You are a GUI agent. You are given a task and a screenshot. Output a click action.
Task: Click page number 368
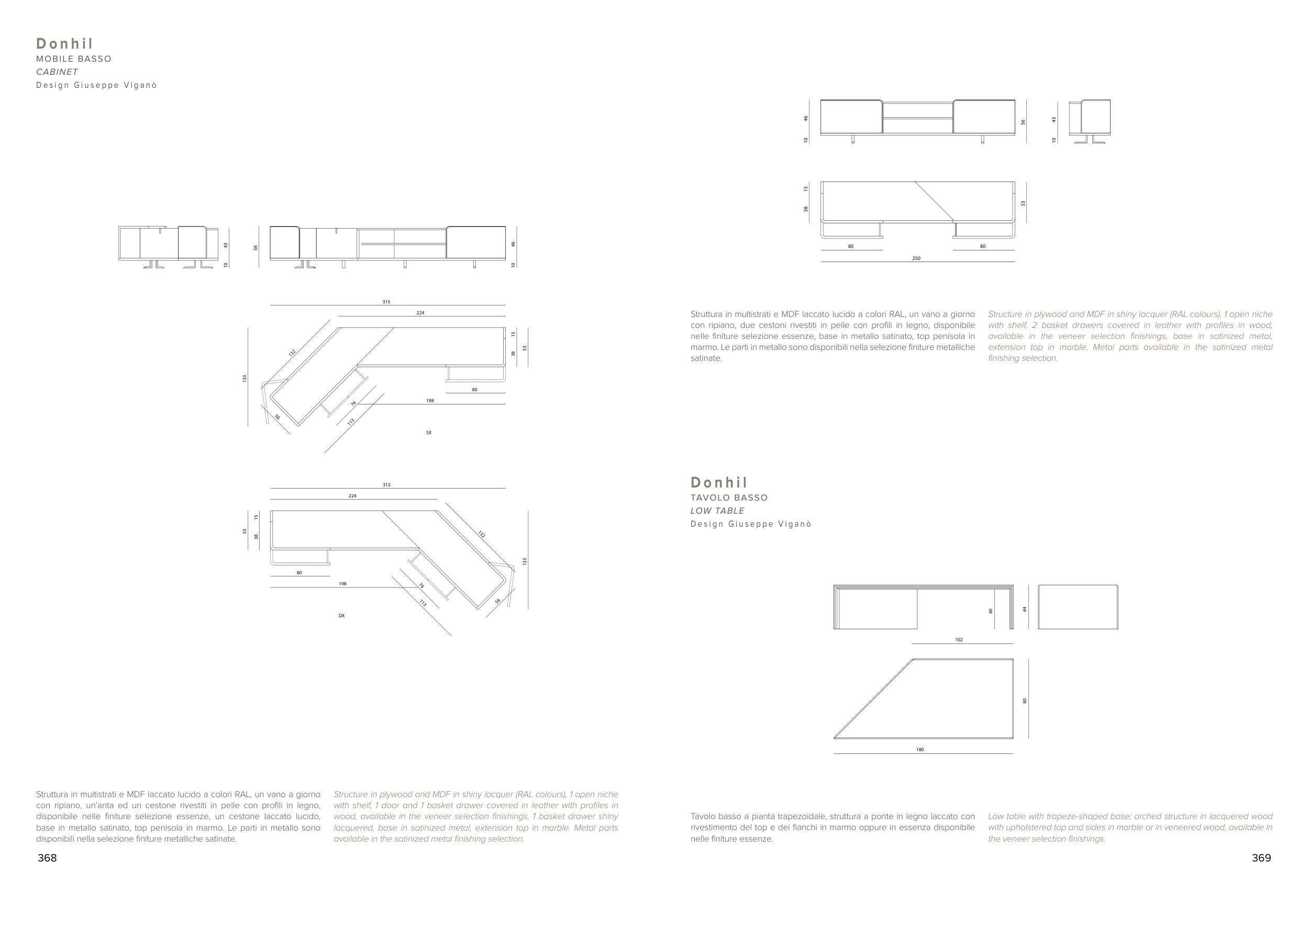pyautogui.click(x=47, y=858)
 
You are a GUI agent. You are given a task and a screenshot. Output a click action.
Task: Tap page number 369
pyautogui.click(x=1261, y=858)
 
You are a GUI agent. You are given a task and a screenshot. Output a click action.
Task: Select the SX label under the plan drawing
pyautogui.click(x=429, y=433)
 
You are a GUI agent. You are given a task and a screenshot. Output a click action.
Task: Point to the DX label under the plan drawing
pyautogui.click(x=341, y=616)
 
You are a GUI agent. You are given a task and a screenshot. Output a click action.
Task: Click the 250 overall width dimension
pyautogui.click(x=916, y=258)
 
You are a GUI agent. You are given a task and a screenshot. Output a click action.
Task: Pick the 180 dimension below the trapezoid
pyautogui.click(x=920, y=750)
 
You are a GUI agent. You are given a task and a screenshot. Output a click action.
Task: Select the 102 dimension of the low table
pyautogui.click(x=959, y=640)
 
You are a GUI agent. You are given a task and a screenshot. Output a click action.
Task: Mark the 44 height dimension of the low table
pyautogui.click(x=1025, y=609)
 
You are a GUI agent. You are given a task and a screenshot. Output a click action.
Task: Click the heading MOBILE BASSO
pyautogui.click(x=74, y=59)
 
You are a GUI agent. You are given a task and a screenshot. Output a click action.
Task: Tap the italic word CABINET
pyautogui.click(x=57, y=72)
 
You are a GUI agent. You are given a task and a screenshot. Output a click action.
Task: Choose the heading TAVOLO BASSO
pyautogui.click(x=729, y=498)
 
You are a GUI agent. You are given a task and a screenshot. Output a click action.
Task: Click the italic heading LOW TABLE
pyautogui.click(x=717, y=511)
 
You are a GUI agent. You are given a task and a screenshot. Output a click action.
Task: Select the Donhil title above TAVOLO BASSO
pyautogui.click(x=719, y=482)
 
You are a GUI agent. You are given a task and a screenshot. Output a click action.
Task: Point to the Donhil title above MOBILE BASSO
pyautogui.click(x=65, y=43)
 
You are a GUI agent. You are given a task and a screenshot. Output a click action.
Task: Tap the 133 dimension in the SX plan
pyautogui.click(x=244, y=379)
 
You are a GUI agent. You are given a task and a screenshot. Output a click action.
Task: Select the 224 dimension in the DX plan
pyautogui.click(x=352, y=496)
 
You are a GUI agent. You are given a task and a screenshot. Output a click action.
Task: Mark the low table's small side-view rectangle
pyautogui.click(x=1078, y=607)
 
